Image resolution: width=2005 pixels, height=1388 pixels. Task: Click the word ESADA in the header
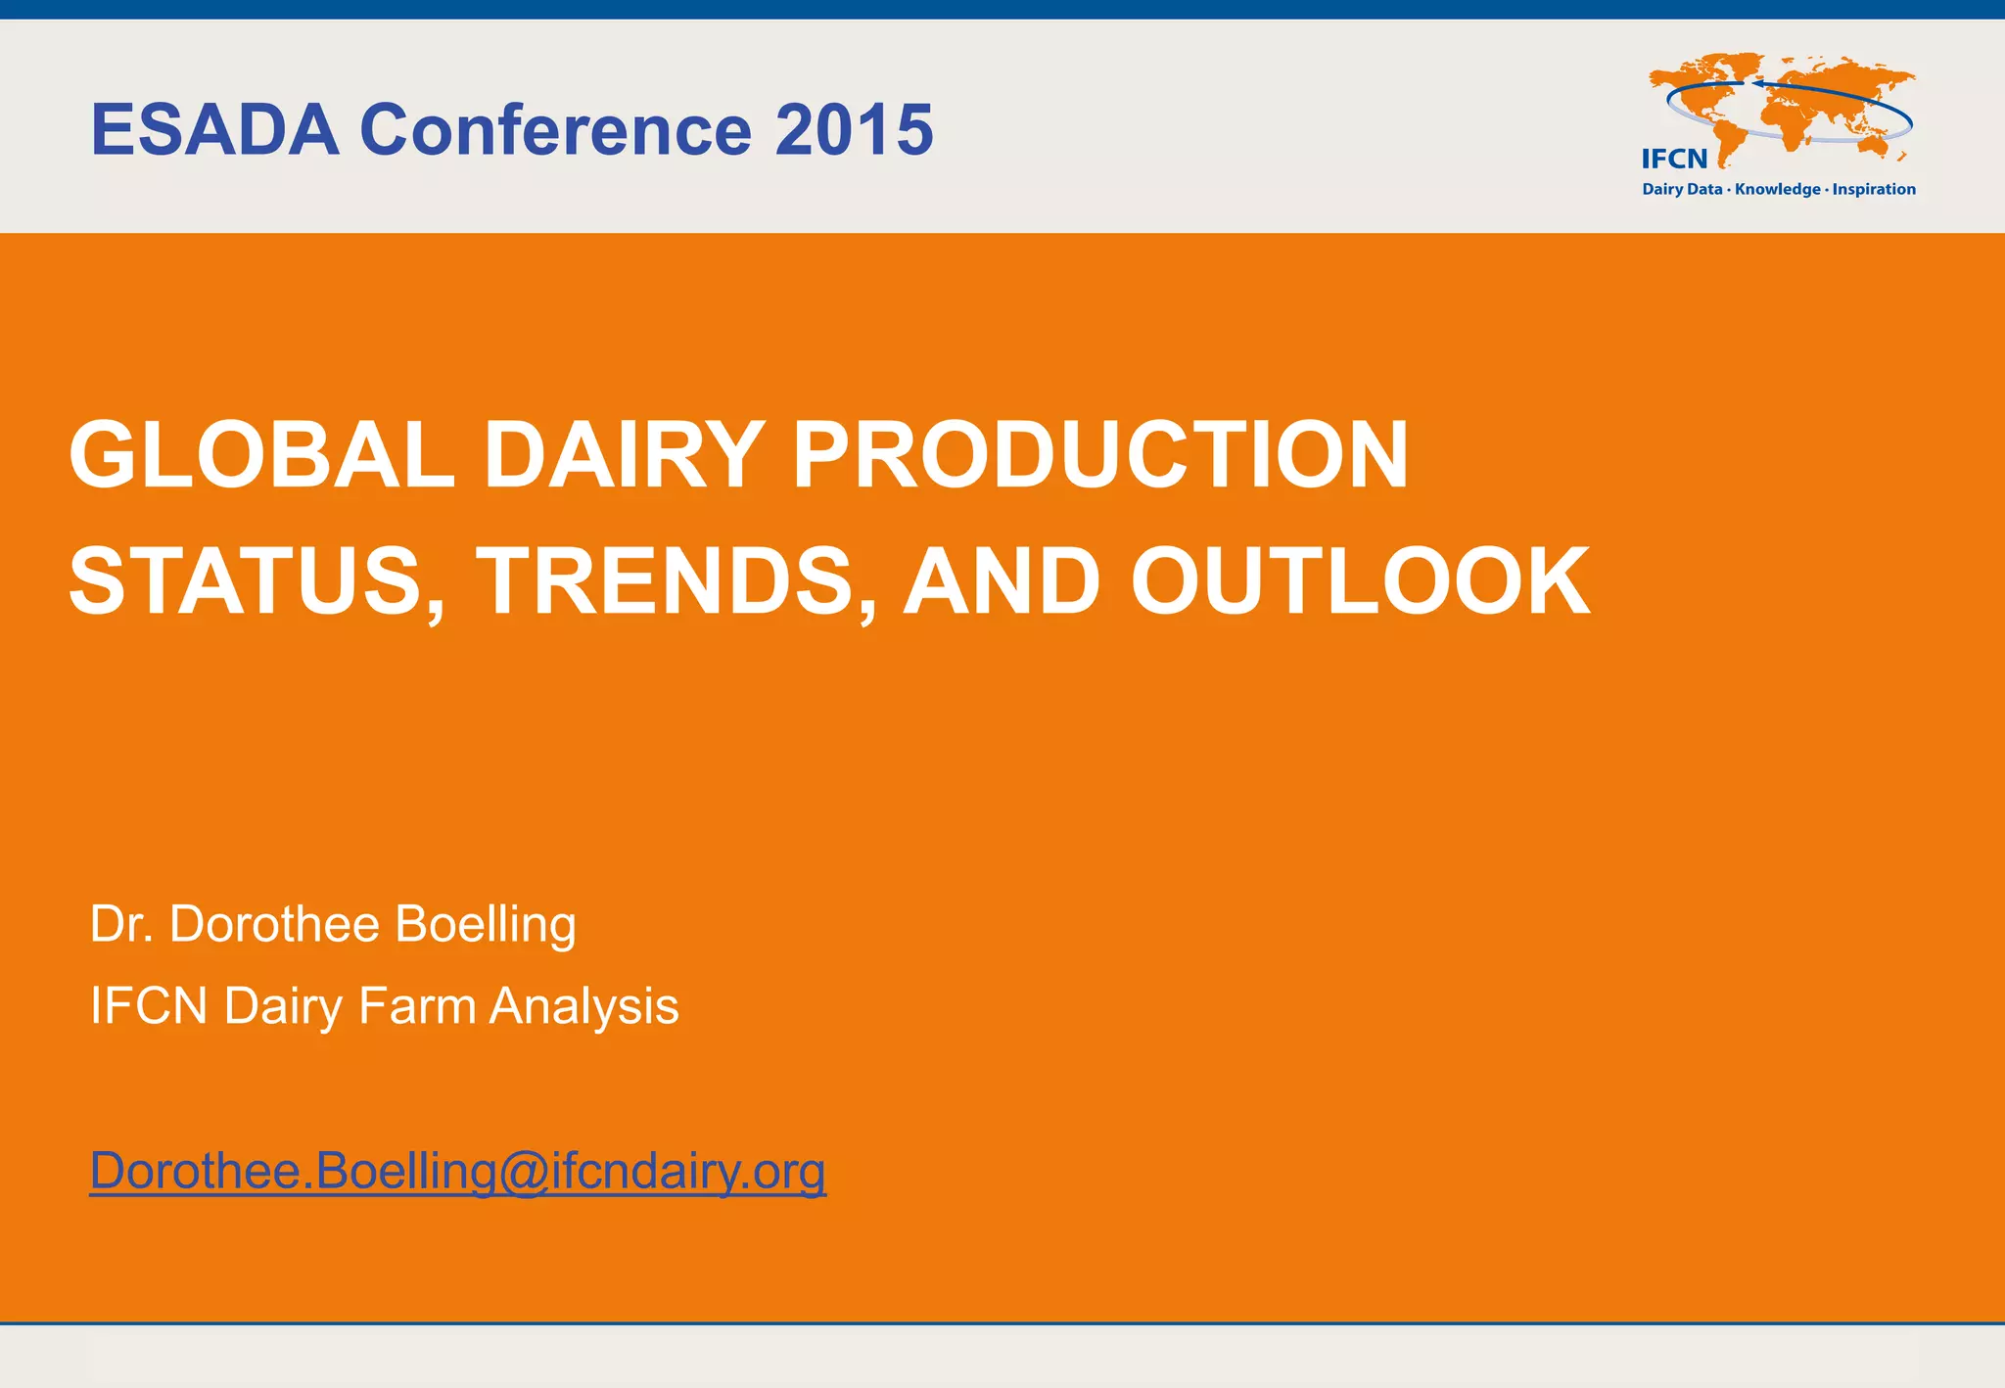tap(214, 129)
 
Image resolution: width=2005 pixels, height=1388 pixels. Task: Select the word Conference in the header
tap(556, 129)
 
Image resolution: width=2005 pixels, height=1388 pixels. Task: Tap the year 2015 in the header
tap(854, 129)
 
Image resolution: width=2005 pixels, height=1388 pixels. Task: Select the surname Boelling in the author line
tap(486, 925)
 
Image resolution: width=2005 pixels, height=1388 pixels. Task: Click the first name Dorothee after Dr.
tap(274, 925)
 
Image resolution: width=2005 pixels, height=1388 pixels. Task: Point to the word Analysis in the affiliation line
tap(583, 1006)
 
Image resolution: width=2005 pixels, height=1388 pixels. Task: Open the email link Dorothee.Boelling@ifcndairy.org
tap(457, 1171)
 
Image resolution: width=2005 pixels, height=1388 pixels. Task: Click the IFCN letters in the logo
tap(1674, 159)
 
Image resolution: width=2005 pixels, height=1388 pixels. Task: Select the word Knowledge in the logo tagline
tap(1777, 190)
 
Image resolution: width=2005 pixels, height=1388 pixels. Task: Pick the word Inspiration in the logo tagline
tap(1874, 190)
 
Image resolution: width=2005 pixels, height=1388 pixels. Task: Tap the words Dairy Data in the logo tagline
tap(1681, 190)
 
